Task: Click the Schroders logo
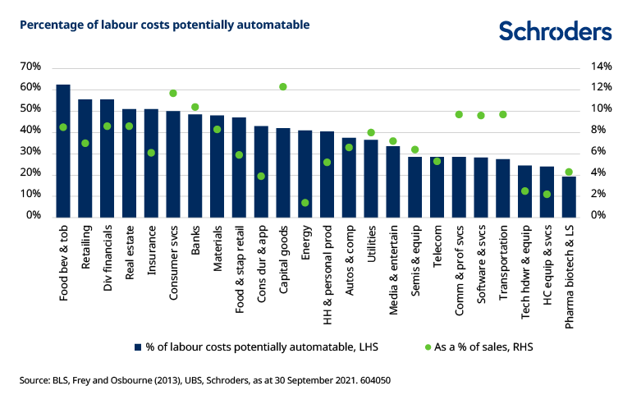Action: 555,31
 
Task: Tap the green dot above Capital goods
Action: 283,86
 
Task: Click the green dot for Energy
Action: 305,203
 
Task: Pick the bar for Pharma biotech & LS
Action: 569,196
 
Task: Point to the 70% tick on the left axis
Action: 30,67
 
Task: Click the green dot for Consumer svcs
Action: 173,93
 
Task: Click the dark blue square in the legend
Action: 138,347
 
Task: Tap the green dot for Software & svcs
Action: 481,116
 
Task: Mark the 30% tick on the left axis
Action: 30,152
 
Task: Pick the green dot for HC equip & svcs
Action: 547,194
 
